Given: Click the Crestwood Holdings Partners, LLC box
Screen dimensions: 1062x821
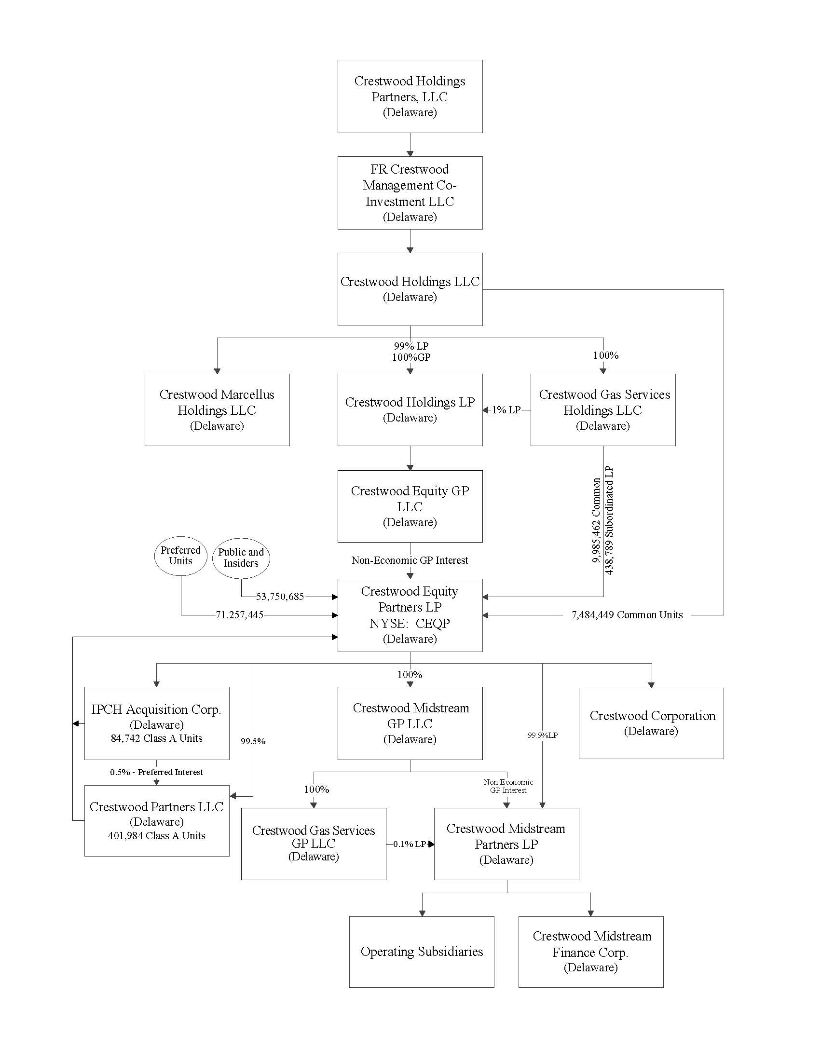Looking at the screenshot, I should click(410, 96).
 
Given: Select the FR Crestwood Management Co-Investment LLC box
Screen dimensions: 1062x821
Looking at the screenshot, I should click(410, 192).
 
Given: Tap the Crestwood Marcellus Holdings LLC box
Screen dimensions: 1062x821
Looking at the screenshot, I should click(217, 409).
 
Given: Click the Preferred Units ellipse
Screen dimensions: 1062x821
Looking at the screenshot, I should click(180, 555).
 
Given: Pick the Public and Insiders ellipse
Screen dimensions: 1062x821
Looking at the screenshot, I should click(241, 558).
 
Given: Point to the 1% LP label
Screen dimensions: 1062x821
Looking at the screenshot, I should click(506, 410).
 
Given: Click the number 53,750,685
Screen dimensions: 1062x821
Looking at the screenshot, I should click(280, 597).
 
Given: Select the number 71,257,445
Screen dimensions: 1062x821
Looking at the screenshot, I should click(239, 615).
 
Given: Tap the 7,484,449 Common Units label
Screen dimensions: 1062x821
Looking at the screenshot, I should click(627, 615).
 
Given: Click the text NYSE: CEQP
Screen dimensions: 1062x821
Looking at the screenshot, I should click(410, 624).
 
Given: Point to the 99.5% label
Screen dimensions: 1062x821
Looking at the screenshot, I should click(253, 741).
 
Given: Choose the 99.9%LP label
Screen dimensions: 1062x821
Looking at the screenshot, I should click(542, 735).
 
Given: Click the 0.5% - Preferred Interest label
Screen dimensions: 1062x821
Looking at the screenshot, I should click(156, 772).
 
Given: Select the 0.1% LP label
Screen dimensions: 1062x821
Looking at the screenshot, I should click(410, 844).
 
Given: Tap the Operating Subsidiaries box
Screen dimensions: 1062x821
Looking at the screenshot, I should click(422, 952).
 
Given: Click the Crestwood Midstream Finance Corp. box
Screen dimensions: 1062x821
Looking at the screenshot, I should click(590, 952).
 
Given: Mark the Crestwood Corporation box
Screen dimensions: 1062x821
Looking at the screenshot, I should click(651, 723).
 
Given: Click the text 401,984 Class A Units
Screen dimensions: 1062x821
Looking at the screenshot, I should click(156, 836).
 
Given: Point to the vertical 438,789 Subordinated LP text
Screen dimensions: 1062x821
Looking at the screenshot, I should click(609, 520).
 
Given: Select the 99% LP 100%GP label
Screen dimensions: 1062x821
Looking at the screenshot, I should click(411, 352).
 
